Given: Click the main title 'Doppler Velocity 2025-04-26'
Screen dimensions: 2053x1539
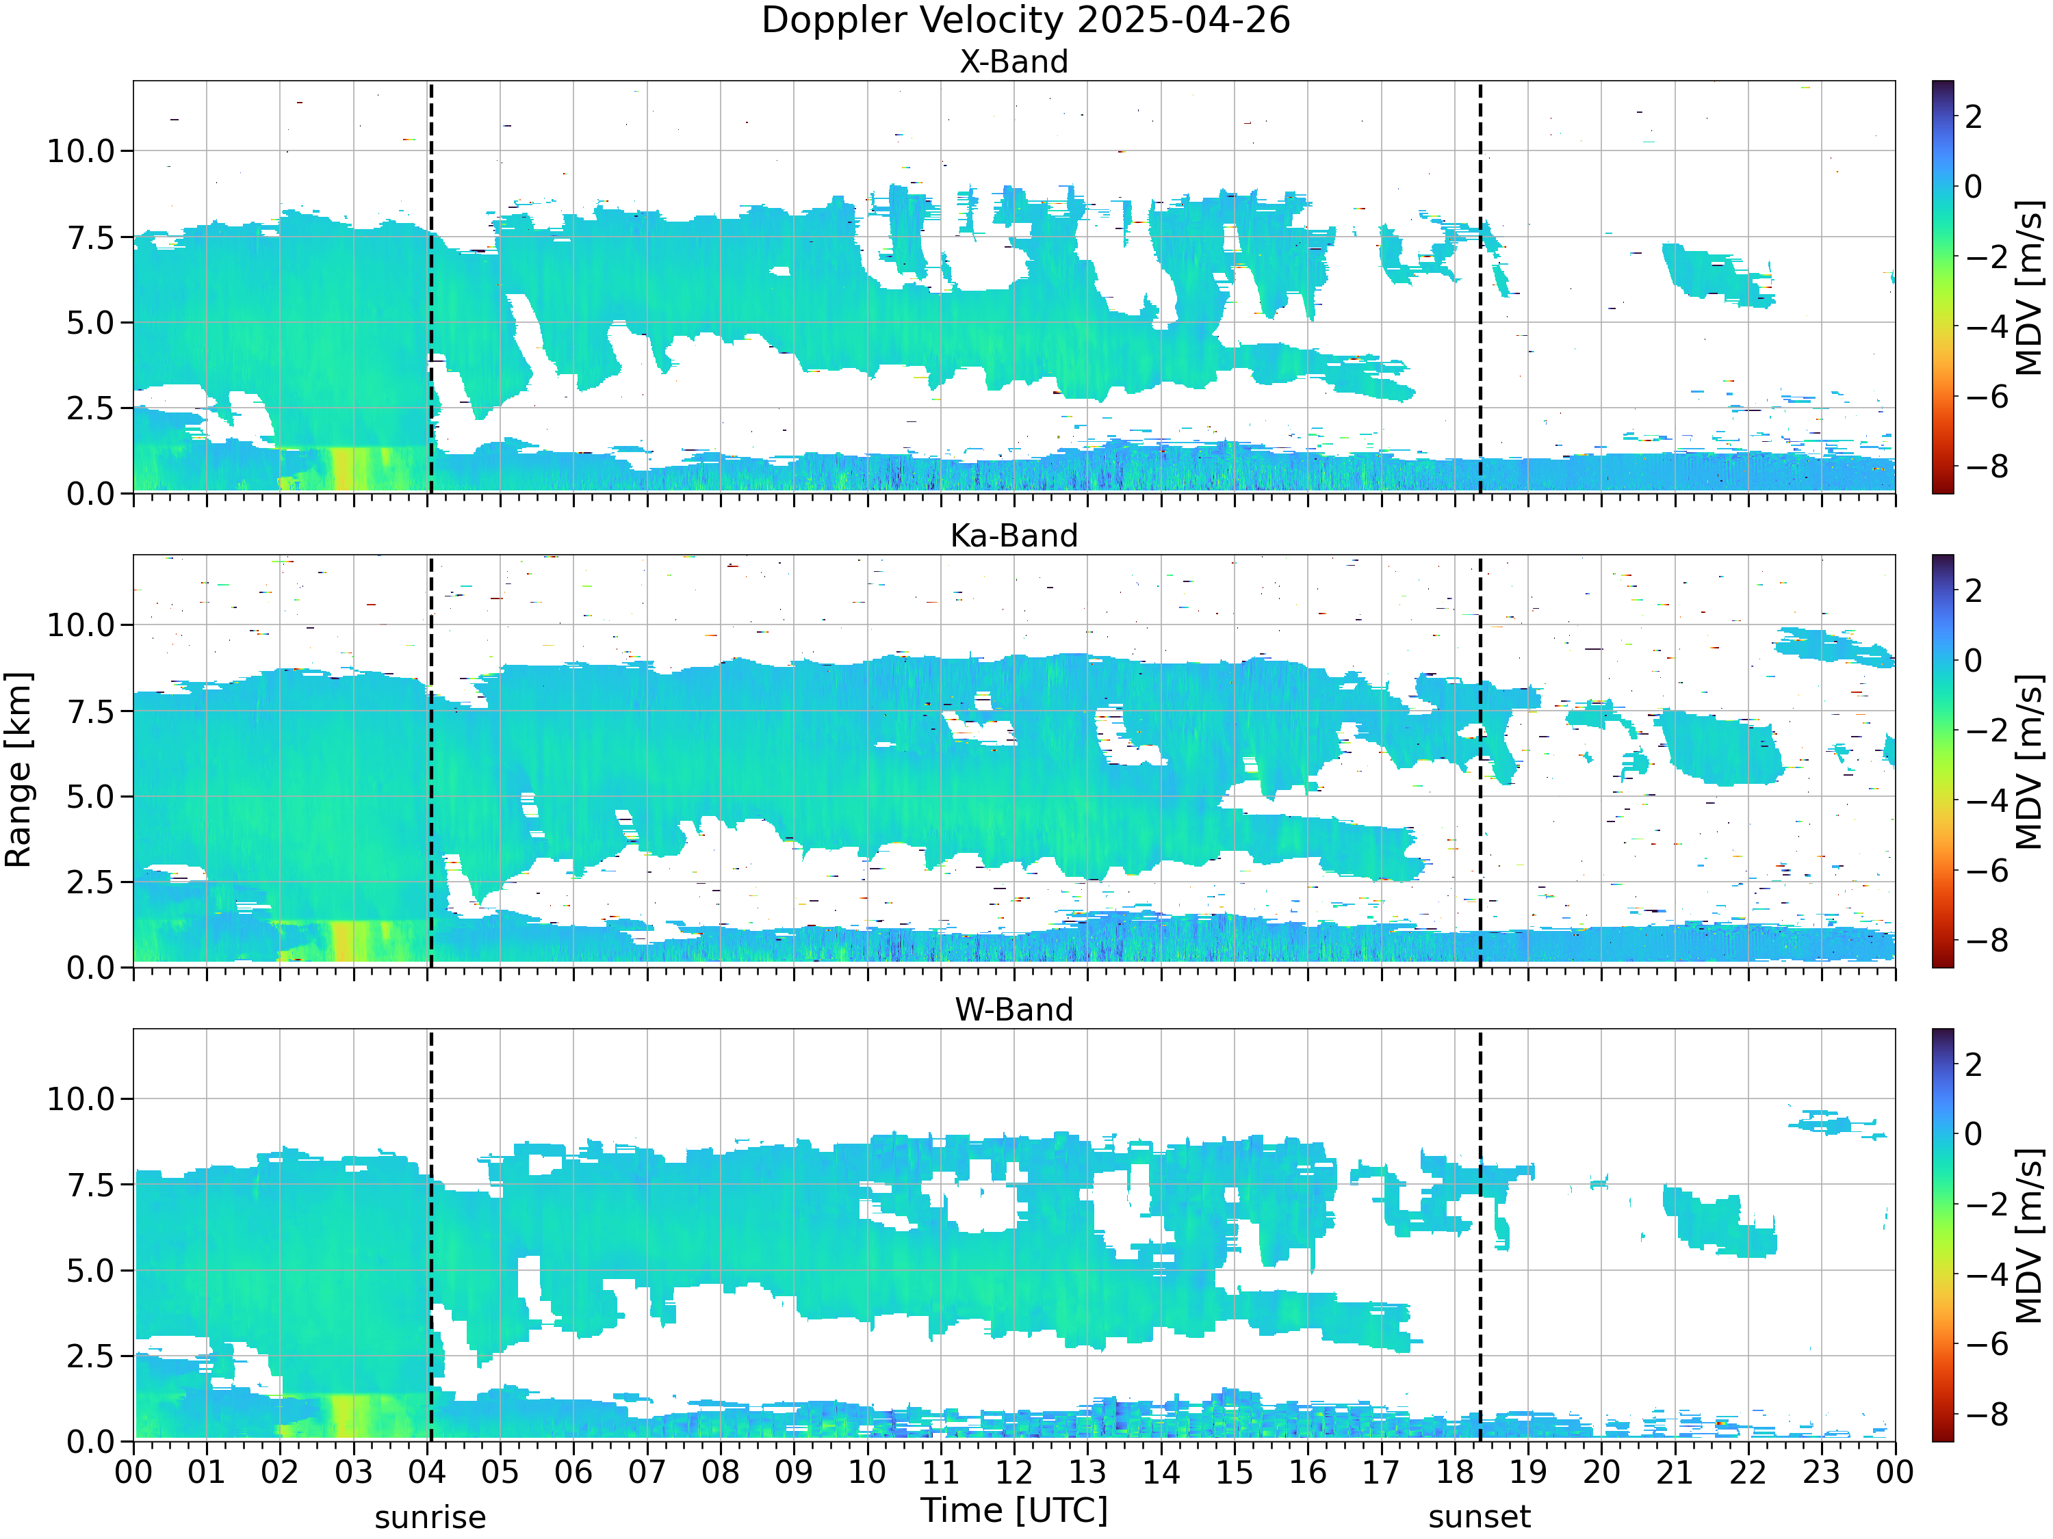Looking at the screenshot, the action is [x=1026, y=21].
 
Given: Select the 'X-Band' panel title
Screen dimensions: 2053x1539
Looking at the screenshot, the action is [x=1013, y=62].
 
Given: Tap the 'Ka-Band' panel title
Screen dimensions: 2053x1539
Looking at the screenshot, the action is [x=1013, y=536].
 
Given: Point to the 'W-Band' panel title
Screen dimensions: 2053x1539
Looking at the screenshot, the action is [x=1013, y=1010].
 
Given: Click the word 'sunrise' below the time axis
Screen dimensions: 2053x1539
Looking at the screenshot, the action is [x=430, y=1518].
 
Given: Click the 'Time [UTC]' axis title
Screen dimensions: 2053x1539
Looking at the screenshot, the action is [x=1013, y=1510].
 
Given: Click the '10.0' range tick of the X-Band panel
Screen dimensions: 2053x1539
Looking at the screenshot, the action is [x=81, y=151].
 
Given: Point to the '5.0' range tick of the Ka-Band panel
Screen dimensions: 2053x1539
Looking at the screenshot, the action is [x=90, y=797].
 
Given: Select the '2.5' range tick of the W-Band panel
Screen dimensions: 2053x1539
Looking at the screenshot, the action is [x=90, y=1357].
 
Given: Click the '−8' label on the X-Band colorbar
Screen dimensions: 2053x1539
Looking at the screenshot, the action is [x=1985, y=466].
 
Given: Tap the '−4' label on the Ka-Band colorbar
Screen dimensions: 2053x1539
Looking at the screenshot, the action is [x=1985, y=800].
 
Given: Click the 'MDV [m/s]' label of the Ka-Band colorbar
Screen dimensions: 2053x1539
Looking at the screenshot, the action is [x=2029, y=761].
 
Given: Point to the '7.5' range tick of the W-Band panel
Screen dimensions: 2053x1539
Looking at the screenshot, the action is [x=90, y=1185].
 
